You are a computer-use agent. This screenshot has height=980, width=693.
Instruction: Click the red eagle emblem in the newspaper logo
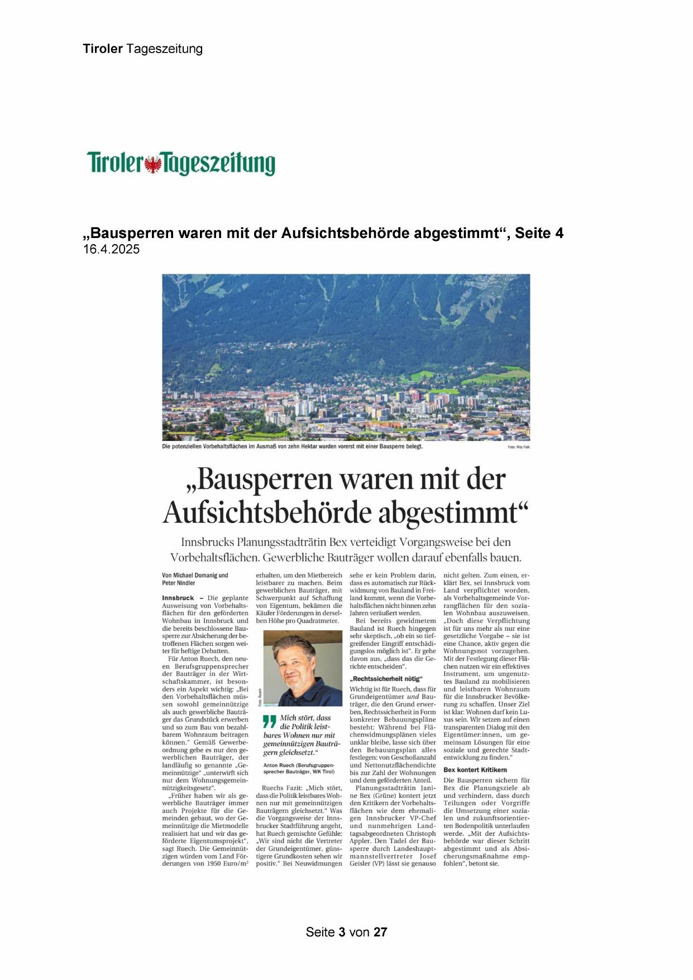pos(153,164)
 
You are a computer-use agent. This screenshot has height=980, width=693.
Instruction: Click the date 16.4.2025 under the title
pos(111,250)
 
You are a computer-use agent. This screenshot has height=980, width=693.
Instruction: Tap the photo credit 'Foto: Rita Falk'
pos(519,448)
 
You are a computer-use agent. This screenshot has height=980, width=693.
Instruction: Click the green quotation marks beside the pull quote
pos(270,721)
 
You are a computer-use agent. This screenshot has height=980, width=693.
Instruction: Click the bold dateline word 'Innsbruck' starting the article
pos(178,598)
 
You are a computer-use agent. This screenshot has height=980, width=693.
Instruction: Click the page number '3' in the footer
pos(342,932)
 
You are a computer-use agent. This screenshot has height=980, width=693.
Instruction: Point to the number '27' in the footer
pos(380,932)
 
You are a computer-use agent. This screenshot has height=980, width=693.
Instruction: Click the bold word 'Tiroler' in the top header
pos(103,49)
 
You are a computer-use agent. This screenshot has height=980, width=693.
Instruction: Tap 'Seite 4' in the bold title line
pos(539,233)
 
